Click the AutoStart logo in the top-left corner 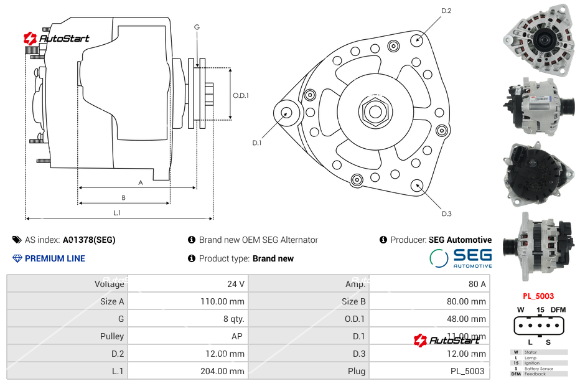tap(57, 39)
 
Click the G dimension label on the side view tap(197, 27)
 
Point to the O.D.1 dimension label tap(241, 95)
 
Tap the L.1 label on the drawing tap(117, 213)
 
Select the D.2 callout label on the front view tap(446, 11)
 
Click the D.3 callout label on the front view tap(446, 214)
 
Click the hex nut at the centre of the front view tap(375, 111)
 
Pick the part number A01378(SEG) tap(89, 240)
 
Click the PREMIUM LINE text tap(55, 258)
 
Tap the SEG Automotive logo tap(461, 258)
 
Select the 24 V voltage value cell tap(236, 284)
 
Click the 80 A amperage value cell tap(477, 284)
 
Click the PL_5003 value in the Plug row tap(467, 371)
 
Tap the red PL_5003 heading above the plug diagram tap(538, 296)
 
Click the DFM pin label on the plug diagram tap(558, 309)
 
